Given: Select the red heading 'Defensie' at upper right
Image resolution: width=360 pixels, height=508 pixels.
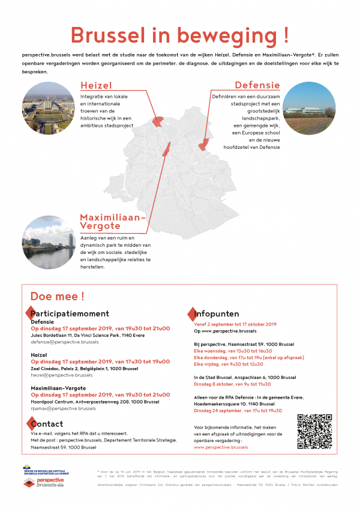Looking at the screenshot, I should (x=257, y=85).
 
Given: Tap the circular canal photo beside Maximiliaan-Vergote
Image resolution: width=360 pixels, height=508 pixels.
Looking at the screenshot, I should (x=49, y=244).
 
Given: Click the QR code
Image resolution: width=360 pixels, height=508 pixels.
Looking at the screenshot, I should (x=314, y=432).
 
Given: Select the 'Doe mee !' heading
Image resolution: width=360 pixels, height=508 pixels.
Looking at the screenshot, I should (x=57, y=296).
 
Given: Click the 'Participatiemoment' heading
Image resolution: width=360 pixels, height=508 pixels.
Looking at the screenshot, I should (x=70, y=313).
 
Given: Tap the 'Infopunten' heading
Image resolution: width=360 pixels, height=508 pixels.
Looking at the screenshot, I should (x=217, y=313).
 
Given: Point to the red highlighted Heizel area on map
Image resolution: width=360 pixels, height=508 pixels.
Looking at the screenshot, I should (x=158, y=121).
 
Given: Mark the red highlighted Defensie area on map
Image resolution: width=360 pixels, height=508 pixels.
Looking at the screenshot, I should (x=204, y=144).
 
